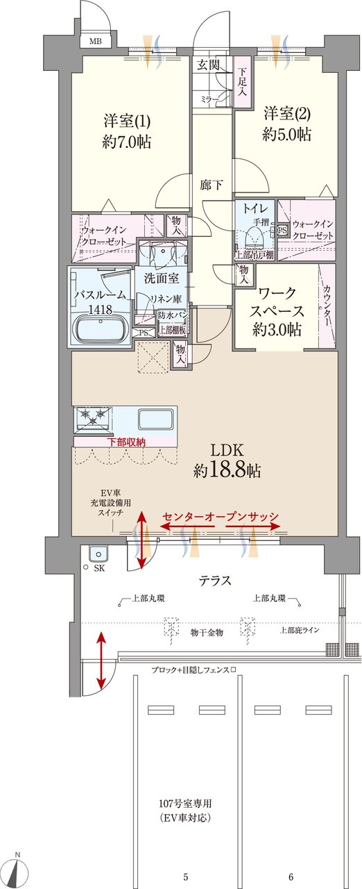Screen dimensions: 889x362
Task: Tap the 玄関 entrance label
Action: click(x=207, y=65)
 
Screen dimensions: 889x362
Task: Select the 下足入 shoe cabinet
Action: click(x=242, y=83)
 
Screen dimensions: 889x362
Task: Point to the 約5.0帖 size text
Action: click(x=286, y=135)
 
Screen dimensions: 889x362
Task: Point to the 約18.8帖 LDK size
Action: click(x=227, y=471)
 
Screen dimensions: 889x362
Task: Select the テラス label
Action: click(x=215, y=580)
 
